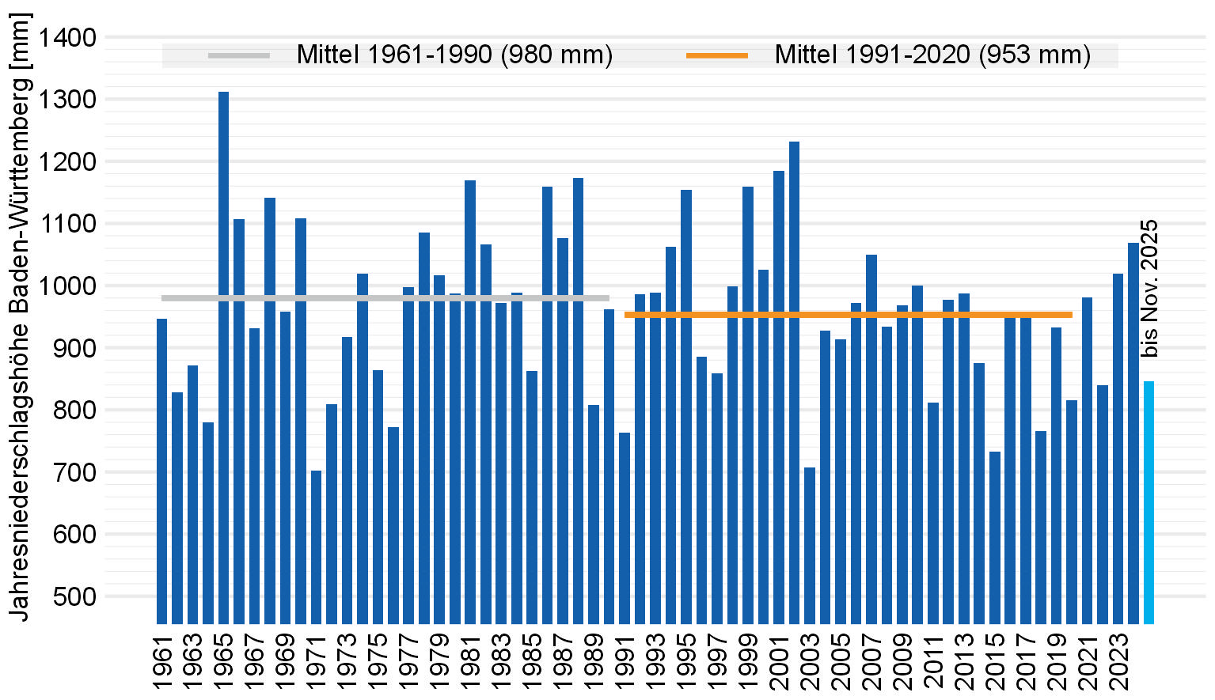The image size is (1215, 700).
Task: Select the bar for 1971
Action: click(x=316, y=547)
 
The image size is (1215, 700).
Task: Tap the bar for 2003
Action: click(x=810, y=545)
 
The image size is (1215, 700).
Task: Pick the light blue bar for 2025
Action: click(x=1149, y=502)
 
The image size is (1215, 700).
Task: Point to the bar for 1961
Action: click(x=161, y=471)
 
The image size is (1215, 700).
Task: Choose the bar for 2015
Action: click(x=995, y=537)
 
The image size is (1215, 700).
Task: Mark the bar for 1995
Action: click(x=686, y=407)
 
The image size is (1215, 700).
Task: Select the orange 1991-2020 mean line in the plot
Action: click(x=848, y=315)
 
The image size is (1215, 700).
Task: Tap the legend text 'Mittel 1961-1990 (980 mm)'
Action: click(x=454, y=55)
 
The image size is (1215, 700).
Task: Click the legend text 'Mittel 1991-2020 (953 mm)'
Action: click(x=932, y=55)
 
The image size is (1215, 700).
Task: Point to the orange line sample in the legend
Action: click(x=716, y=55)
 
